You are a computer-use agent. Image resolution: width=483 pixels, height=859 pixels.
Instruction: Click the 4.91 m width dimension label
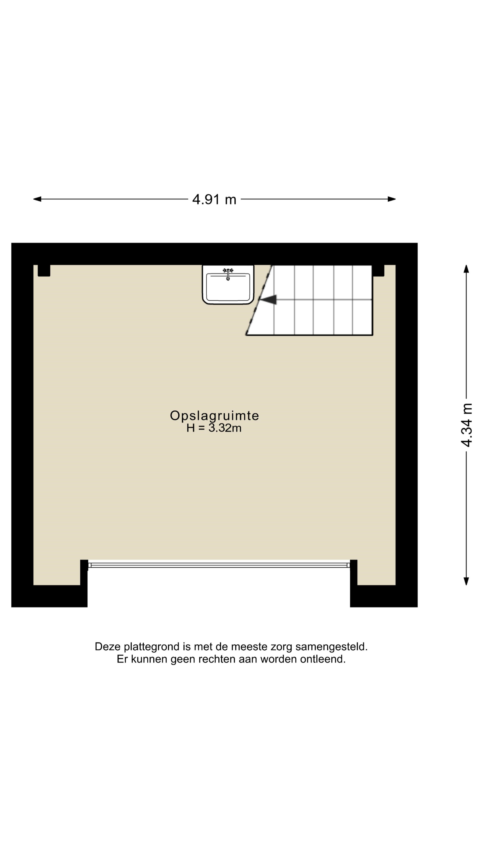click(x=214, y=199)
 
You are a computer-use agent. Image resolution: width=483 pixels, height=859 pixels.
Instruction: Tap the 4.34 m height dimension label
click(x=467, y=425)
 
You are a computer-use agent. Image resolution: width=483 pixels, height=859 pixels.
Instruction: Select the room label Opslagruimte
click(x=215, y=415)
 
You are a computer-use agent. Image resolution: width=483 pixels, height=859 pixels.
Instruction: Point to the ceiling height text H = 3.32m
click(x=214, y=428)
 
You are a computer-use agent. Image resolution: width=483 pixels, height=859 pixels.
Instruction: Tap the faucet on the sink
click(x=228, y=273)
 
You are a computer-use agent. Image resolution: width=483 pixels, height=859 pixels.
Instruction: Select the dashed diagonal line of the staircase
click(x=259, y=300)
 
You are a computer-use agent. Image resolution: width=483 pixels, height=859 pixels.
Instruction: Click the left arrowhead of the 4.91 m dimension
click(x=37, y=199)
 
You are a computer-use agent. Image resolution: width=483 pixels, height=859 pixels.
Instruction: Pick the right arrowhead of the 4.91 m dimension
click(x=392, y=199)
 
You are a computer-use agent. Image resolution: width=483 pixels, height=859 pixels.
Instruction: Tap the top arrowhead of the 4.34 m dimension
click(x=466, y=269)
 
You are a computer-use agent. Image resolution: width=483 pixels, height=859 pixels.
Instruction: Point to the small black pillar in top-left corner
click(x=44, y=270)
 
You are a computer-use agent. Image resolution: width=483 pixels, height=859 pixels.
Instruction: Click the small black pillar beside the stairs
click(x=378, y=270)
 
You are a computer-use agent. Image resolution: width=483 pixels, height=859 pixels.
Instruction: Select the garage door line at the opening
click(x=219, y=565)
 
